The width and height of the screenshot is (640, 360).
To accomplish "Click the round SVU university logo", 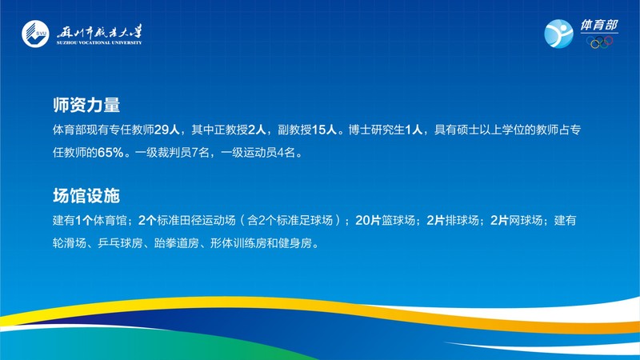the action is coord(35,34).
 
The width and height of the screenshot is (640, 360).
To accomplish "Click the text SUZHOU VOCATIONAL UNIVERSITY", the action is coord(99,42).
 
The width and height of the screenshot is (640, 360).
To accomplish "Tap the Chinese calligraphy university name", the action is coord(99,31).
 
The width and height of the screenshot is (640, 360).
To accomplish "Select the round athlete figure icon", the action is coord(558,34).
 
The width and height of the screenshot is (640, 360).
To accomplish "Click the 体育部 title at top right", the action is coord(599,25).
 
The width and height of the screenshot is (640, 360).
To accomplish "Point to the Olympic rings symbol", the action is coord(599,42).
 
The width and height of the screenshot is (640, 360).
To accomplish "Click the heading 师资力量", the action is coord(86,105).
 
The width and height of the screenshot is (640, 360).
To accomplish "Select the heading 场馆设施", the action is coord(86,195).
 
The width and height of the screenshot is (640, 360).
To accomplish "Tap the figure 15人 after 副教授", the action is coord(324,130).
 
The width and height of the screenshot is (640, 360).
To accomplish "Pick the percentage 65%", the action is coord(110,153).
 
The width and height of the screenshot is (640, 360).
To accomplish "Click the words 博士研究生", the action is coord(377,130).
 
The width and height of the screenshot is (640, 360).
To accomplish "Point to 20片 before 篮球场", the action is coord(368,221).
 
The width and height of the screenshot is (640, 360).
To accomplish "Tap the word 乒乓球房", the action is coord(120,243).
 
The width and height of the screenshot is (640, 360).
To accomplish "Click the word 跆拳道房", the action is coord(176,243).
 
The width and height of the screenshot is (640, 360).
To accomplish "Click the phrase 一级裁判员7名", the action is coord(172,153).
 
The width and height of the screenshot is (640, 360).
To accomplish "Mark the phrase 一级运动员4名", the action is coord(258,153).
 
